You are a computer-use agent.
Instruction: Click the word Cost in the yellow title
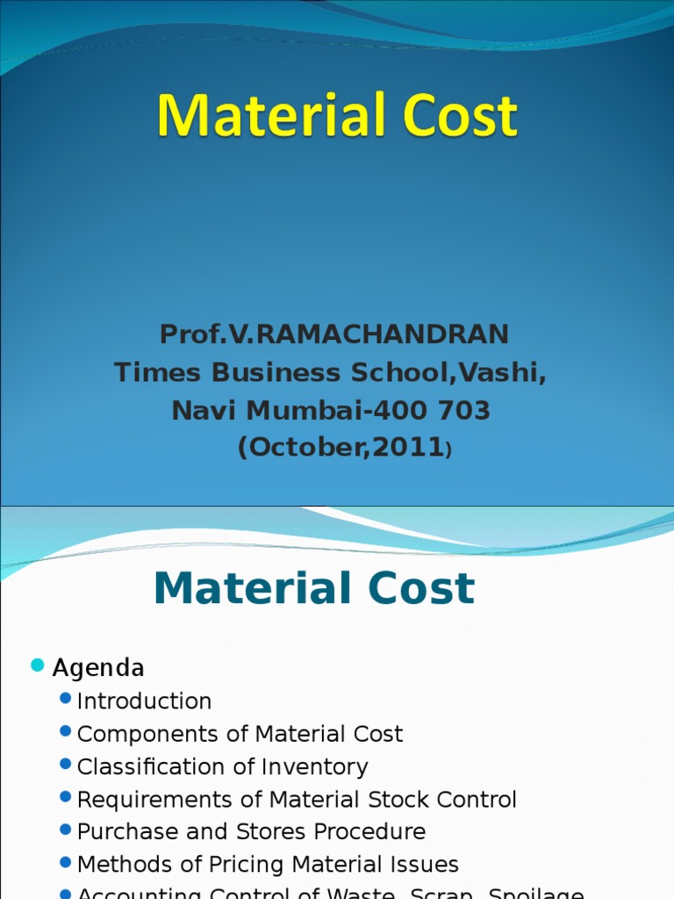(455, 117)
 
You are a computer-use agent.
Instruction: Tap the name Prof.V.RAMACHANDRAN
(333, 334)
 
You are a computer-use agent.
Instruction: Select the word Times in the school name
(152, 372)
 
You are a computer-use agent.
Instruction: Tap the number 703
(462, 410)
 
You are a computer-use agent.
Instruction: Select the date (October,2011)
(344, 448)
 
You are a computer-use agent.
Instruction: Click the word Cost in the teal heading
(416, 588)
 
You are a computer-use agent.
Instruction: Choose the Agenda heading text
(98, 668)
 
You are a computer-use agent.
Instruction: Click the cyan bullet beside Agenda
(37, 666)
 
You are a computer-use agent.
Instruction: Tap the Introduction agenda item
(144, 701)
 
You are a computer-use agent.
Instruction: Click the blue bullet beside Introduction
(65, 700)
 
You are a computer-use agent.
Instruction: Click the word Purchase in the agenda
(125, 831)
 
